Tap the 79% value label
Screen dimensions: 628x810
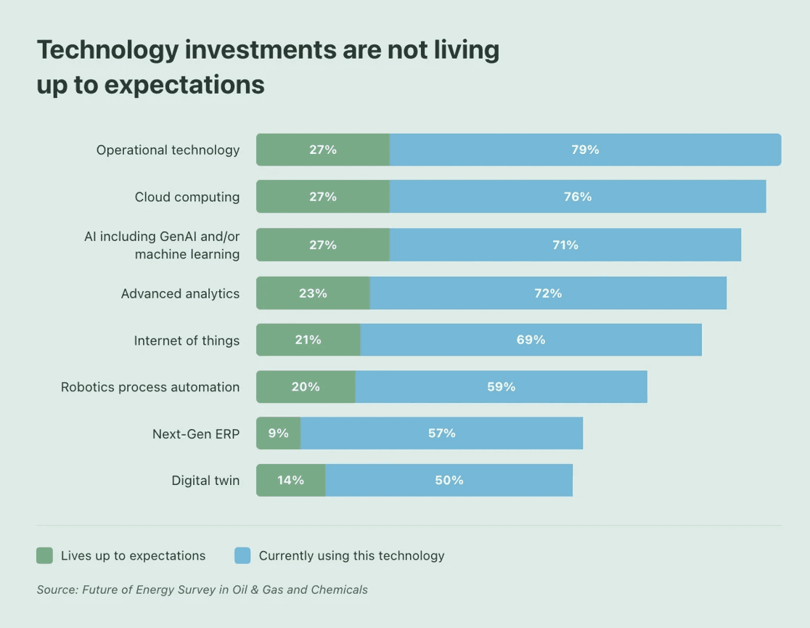click(x=585, y=150)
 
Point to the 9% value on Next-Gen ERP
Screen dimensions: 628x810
click(x=278, y=433)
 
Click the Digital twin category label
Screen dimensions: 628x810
click(x=205, y=481)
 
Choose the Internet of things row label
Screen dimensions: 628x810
click(x=187, y=340)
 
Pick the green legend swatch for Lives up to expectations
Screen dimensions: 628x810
click(x=45, y=556)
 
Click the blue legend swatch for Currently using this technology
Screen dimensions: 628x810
click(x=242, y=556)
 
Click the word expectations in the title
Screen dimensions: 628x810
click(x=184, y=85)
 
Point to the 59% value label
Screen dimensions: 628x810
click(x=501, y=387)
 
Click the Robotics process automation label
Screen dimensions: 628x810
click(x=150, y=387)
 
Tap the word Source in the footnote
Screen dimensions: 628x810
click(x=57, y=590)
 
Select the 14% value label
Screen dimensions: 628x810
click(x=290, y=481)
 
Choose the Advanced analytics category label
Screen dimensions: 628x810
click(x=180, y=293)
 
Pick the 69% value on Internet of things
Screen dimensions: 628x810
click(x=531, y=340)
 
